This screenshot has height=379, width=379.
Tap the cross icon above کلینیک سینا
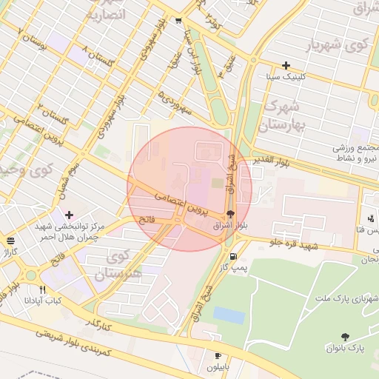point(286,65)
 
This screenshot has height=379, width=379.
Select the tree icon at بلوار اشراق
point(230,214)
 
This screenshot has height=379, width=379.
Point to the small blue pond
point(229,315)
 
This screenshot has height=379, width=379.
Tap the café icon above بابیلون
point(218,355)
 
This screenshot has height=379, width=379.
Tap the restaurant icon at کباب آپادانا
point(42,289)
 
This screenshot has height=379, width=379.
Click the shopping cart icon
point(178,21)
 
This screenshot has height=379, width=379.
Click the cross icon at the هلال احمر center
point(69,215)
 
